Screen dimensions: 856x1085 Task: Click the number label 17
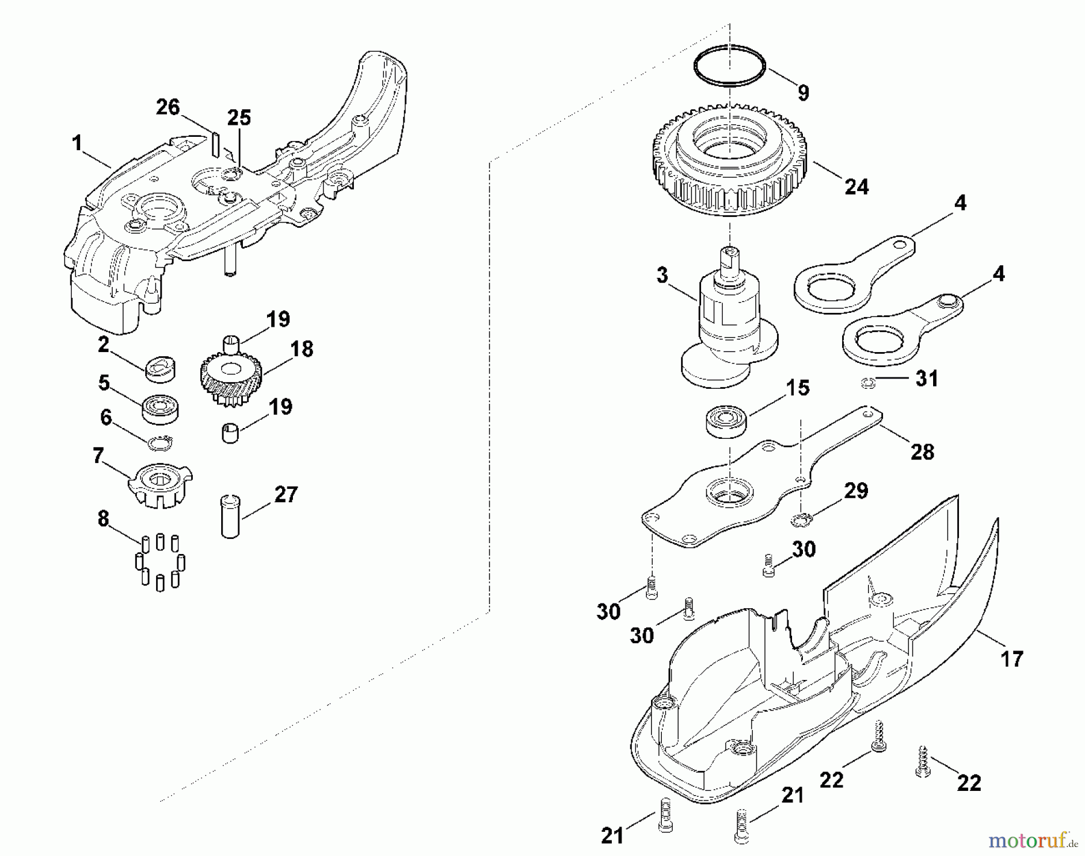click(x=1012, y=658)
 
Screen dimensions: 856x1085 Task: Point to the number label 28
click(x=922, y=452)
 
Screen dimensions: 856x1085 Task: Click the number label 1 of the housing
click(x=77, y=143)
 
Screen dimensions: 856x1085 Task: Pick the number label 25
click(x=239, y=118)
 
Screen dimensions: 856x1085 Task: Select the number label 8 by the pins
click(x=104, y=518)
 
